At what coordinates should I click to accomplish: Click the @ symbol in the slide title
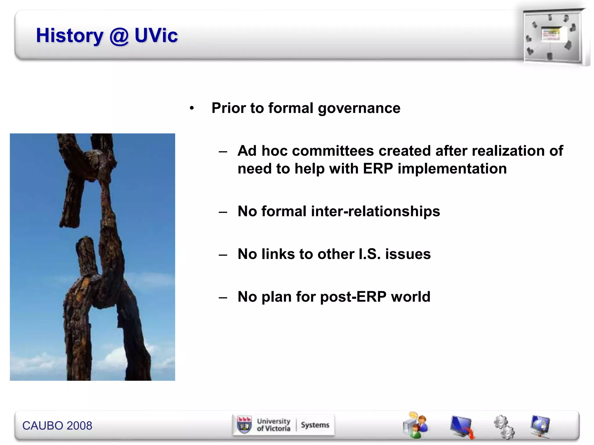point(119,36)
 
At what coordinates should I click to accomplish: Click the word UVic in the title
point(156,36)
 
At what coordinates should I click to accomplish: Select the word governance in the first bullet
point(359,109)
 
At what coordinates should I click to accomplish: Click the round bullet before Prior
point(191,109)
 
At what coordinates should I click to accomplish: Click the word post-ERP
point(353,297)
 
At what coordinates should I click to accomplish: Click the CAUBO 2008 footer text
point(57,426)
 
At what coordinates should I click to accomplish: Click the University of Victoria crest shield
point(244,425)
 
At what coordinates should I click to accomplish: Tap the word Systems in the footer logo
point(315,425)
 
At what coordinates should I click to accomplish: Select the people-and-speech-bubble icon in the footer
point(415,425)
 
